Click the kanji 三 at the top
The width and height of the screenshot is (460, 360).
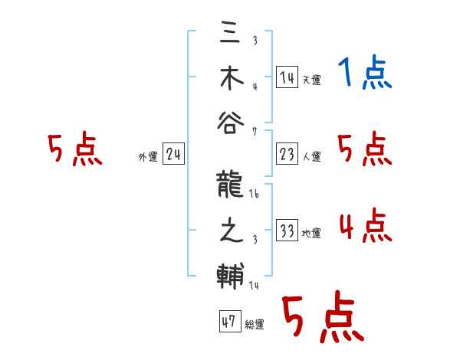coord(230,34)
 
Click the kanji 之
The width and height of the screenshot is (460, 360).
coord(230,230)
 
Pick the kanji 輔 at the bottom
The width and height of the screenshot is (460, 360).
coord(230,273)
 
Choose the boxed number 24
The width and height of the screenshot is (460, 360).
coord(173,155)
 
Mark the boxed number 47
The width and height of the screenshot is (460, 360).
coord(228,322)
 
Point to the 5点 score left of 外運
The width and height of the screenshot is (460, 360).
coord(74,150)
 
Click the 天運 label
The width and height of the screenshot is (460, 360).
coord(311,80)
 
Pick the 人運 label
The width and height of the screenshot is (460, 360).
coord(311,157)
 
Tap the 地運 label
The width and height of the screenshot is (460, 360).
coord(311,234)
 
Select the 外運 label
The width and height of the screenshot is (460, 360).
coord(148,157)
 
